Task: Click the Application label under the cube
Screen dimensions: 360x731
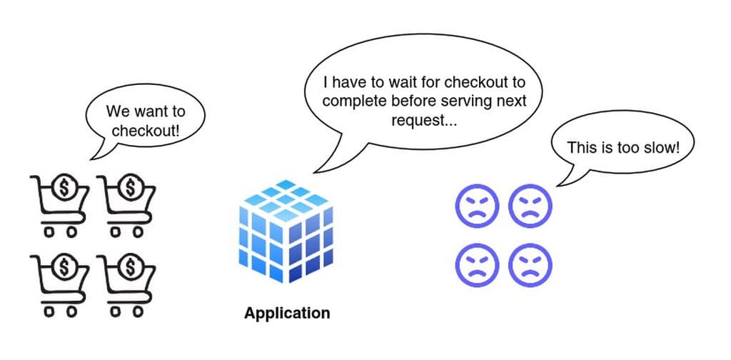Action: tap(287, 313)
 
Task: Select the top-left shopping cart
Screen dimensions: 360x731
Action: tap(59, 203)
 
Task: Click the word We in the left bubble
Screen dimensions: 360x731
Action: tap(117, 112)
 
